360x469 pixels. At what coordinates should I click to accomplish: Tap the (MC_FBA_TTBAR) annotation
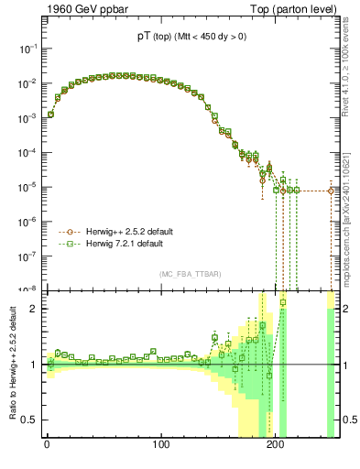(x=189, y=275)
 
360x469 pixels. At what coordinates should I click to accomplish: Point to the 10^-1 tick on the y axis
(x=26, y=49)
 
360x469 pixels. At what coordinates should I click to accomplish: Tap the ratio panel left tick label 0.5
(x=29, y=420)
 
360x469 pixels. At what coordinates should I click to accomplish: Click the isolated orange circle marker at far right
(x=331, y=191)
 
